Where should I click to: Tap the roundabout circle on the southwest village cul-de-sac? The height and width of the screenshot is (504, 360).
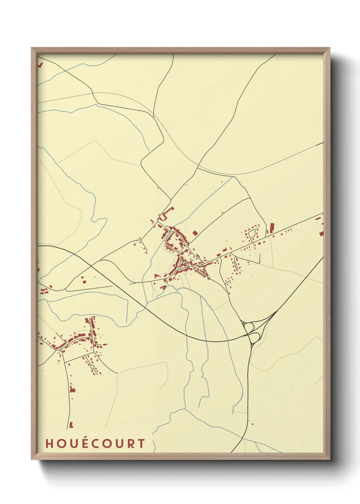click(92, 366)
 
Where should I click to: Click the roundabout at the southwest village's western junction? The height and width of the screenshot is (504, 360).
click(61, 350)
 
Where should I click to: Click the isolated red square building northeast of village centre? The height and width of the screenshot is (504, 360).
click(195, 233)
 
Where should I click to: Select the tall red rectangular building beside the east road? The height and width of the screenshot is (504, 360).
click(272, 228)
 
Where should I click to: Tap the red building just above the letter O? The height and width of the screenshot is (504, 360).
click(71, 425)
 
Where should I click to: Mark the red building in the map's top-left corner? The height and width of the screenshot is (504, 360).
click(40, 64)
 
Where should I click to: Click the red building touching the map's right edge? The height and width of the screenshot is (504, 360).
click(321, 233)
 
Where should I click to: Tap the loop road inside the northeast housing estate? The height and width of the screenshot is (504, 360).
click(252, 235)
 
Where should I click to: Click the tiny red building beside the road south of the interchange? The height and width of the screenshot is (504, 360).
click(252, 424)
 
